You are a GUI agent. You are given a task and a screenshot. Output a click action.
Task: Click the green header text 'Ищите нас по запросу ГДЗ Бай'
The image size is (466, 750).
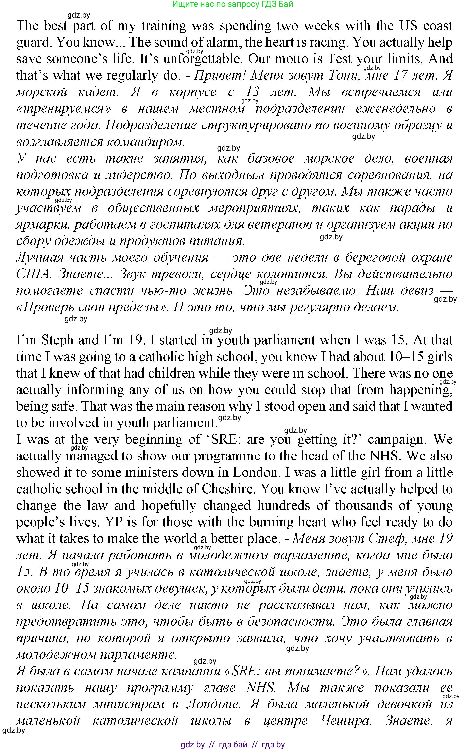point(232,4)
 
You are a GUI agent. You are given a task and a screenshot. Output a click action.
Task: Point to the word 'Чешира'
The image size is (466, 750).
point(345,721)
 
